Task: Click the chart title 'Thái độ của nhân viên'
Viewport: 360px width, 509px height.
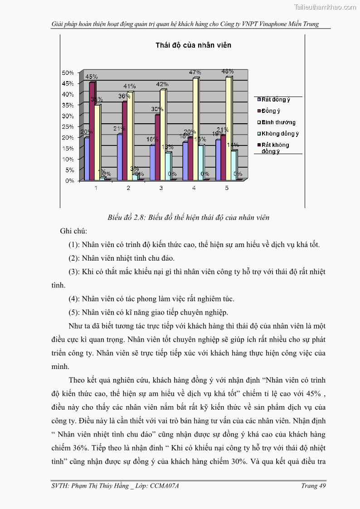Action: (193, 45)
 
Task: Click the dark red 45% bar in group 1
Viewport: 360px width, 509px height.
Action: (92, 131)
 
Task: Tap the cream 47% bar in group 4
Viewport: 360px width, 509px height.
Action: (195, 129)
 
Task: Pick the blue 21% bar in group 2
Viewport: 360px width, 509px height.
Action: (119, 157)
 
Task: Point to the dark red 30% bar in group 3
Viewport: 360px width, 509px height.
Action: (157, 147)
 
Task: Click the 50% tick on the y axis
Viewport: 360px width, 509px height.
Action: (68, 73)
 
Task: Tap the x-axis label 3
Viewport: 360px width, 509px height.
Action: (161, 188)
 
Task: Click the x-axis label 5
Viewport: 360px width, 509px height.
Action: (227, 188)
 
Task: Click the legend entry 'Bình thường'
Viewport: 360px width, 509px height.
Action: (278, 122)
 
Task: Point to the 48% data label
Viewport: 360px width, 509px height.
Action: (228, 71)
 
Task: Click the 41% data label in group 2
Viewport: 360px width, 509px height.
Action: (130, 86)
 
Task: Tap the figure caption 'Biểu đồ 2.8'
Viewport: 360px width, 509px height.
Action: (189, 218)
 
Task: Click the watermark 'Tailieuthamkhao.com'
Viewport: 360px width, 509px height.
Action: (325, 7)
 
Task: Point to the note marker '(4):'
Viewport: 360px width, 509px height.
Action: (74, 299)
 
